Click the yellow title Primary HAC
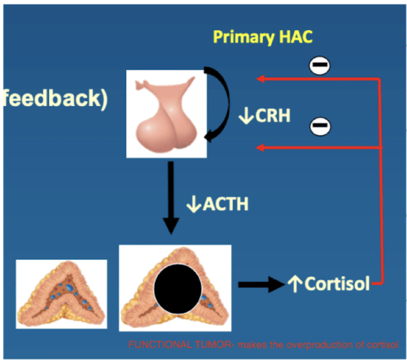[263, 37]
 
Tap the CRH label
[273, 115]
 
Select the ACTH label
[226, 204]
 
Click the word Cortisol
[337, 283]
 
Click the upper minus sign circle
[320, 65]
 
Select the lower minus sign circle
[320, 126]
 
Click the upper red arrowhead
[260, 79]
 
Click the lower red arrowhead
[260, 147]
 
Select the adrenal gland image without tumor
[61, 294]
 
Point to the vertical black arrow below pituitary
[171, 198]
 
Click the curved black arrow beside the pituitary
[222, 103]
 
